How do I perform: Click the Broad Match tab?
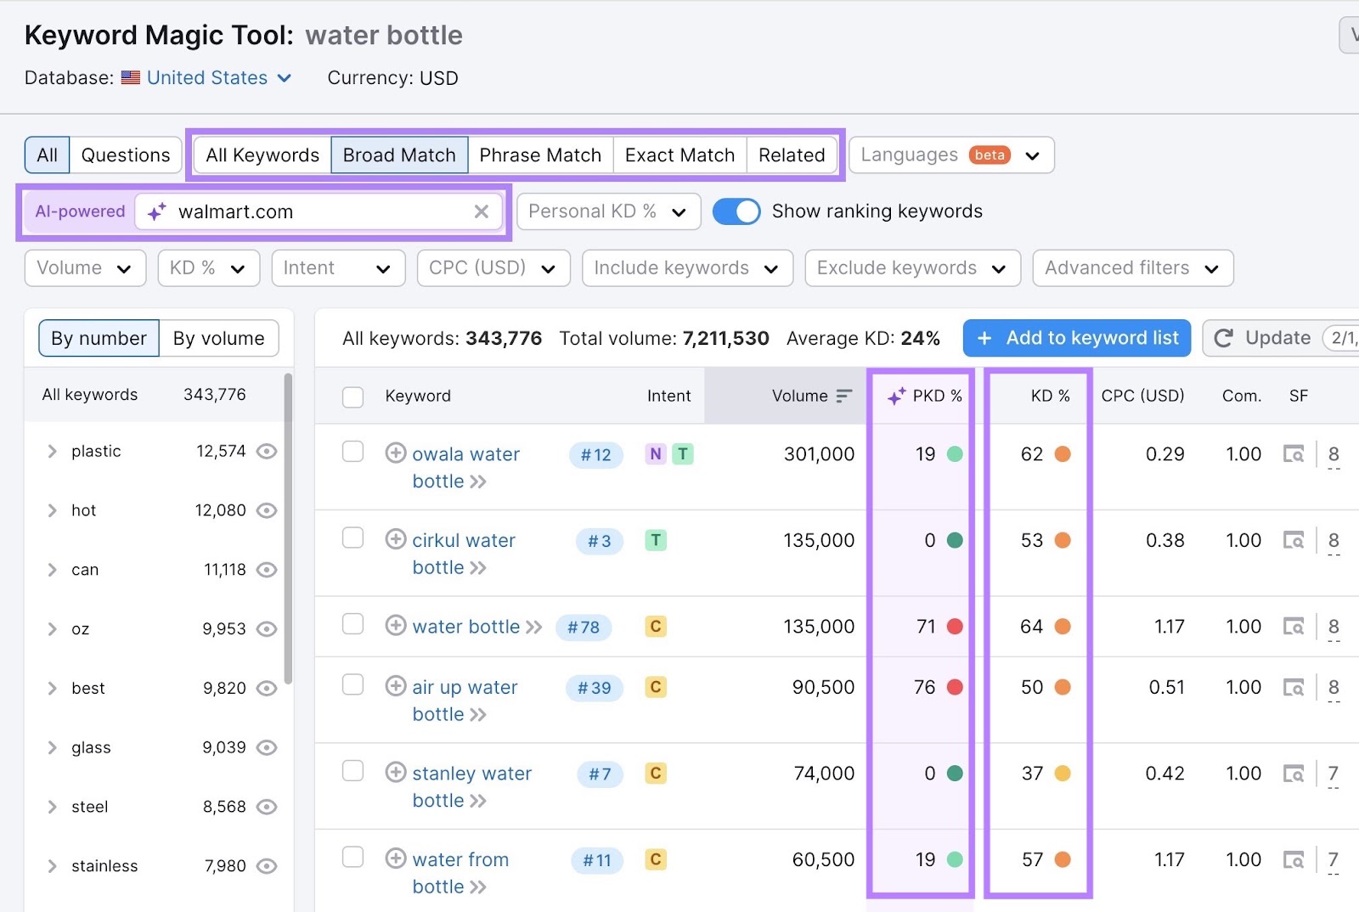click(399, 155)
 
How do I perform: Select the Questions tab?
click(125, 155)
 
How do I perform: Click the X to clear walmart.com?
click(482, 211)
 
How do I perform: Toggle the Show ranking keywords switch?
click(736, 211)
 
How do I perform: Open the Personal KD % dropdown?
click(608, 211)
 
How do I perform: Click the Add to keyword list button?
click(1076, 338)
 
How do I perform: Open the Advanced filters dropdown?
click(1132, 268)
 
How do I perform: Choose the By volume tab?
click(218, 339)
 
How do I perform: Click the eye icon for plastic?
click(267, 451)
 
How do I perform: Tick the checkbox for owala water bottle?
click(352, 452)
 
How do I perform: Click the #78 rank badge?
click(584, 628)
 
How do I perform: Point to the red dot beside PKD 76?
click(955, 687)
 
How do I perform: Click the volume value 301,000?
click(819, 454)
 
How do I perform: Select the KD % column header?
click(1050, 396)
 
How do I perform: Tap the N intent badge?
click(655, 454)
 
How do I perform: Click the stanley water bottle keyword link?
click(471, 774)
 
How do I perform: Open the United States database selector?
click(218, 78)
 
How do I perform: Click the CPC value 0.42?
click(1164, 774)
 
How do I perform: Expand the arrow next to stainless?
click(53, 866)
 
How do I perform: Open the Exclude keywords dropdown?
click(911, 268)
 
